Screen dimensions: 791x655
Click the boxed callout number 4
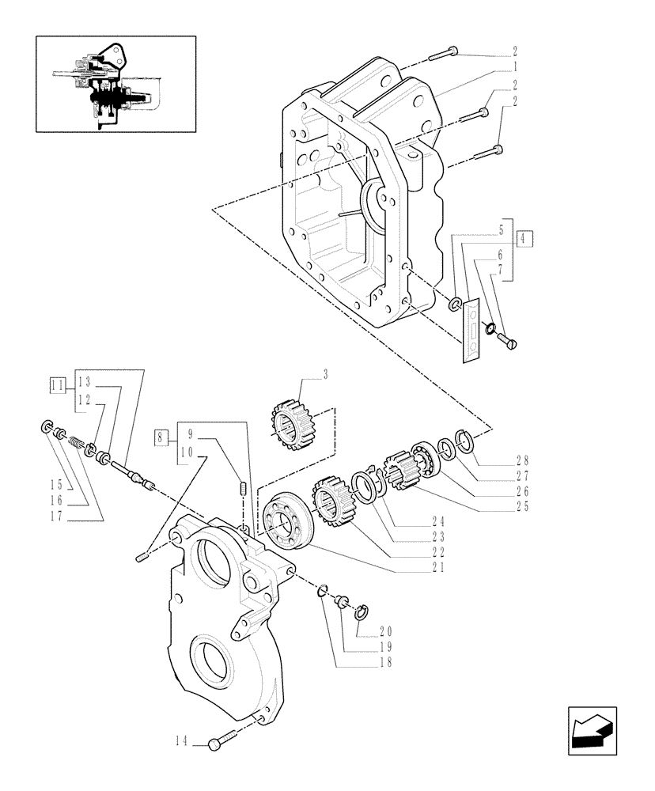(x=524, y=238)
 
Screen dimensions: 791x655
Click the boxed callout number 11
(x=56, y=385)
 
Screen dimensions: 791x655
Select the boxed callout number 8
(x=161, y=437)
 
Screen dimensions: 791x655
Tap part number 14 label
(x=181, y=741)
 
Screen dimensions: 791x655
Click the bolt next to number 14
(x=223, y=741)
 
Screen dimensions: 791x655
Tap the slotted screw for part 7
(x=507, y=341)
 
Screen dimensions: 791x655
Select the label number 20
(x=385, y=631)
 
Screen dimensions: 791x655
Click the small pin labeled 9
(x=243, y=489)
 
